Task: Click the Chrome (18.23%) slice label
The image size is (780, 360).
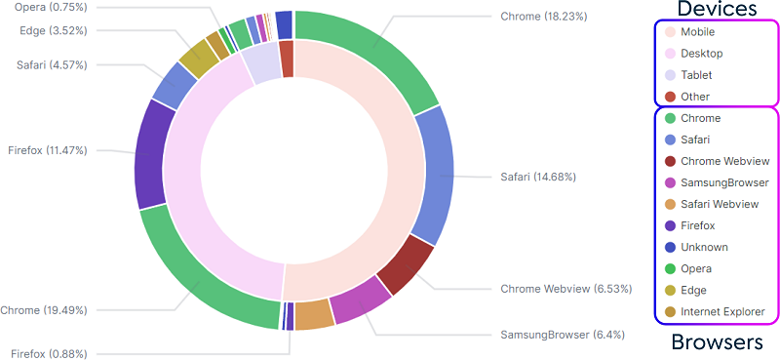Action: pyautogui.click(x=543, y=17)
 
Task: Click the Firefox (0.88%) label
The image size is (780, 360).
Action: pyautogui.click(x=49, y=353)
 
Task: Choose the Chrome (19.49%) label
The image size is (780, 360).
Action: pyautogui.click(x=43, y=310)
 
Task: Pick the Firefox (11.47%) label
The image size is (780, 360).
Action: pyautogui.click(x=45, y=151)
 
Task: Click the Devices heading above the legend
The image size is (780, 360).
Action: pyautogui.click(x=718, y=10)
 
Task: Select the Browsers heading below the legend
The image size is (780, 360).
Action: pyautogui.click(x=718, y=342)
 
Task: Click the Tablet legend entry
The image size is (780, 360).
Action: pyautogui.click(x=695, y=75)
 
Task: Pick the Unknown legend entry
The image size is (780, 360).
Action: pyautogui.click(x=704, y=247)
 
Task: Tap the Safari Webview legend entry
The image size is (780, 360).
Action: pyautogui.click(x=719, y=204)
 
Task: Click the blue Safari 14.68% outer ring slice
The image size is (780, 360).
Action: pyautogui.click(x=435, y=176)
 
